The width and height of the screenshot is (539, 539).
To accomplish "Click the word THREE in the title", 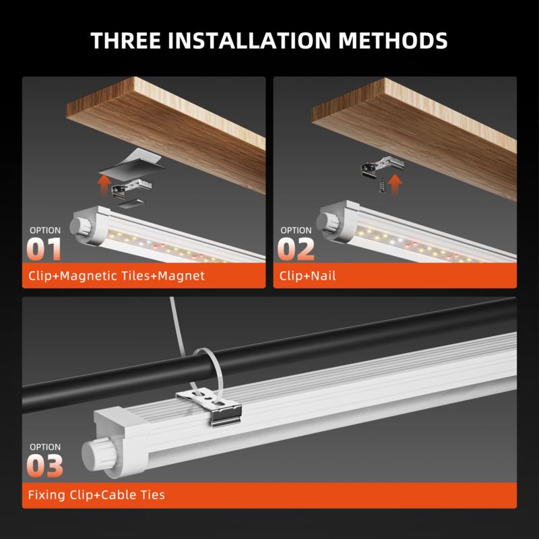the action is pyautogui.click(x=125, y=40).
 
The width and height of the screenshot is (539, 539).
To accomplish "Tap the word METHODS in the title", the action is pyautogui.click(x=393, y=40).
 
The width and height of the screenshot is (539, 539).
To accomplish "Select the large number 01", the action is pyautogui.click(x=44, y=249).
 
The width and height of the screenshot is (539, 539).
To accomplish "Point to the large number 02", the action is pyautogui.click(x=296, y=249).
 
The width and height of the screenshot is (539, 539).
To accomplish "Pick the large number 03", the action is pyautogui.click(x=45, y=466).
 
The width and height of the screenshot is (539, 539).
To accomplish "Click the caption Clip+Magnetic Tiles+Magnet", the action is pyautogui.click(x=117, y=276).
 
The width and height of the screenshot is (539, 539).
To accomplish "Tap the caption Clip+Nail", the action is pyautogui.click(x=307, y=276).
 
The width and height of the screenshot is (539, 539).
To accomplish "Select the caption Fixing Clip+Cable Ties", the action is pyautogui.click(x=96, y=495).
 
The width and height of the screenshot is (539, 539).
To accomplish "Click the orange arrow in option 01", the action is pyautogui.click(x=104, y=185).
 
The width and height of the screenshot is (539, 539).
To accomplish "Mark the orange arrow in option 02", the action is pyautogui.click(x=395, y=185).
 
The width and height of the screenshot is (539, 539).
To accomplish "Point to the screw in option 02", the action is pyautogui.click(x=382, y=185).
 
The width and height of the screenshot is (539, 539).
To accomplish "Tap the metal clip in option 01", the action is pyautogui.click(x=131, y=188).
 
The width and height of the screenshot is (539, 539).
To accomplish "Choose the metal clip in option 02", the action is pyautogui.click(x=382, y=166).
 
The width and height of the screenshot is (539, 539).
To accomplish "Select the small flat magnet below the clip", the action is pyautogui.click(x=132, y=203).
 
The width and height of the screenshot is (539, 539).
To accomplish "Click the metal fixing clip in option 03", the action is pyautogui.click(x=210, y=407).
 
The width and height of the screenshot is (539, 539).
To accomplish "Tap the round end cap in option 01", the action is pyautogui.click(x=81, y=226).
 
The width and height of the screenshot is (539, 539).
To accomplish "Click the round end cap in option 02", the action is pyautogui.click(x=328, y=222).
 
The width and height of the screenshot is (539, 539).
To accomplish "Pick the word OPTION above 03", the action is pyautogui.click(x=45, y=447).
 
